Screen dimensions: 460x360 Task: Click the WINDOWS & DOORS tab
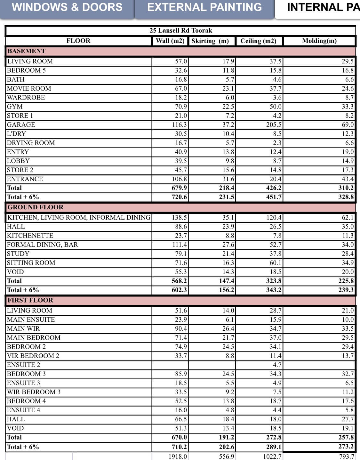[x=67, y=7]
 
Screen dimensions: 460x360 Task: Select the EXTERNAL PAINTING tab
[x=204, y=7]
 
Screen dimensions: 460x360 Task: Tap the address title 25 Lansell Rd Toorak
[x=181, y=30]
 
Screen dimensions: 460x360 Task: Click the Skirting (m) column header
[x=210, y=41]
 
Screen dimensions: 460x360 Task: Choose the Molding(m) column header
[x=319, y=41]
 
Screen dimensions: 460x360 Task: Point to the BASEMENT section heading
[x=27, y=51]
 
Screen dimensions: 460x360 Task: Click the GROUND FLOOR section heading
[x=36, y=207]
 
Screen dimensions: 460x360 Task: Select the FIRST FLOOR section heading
[x=30, y=300]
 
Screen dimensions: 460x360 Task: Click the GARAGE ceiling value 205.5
[x=274, y=125]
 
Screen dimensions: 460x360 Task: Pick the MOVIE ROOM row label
[x=29, y=88]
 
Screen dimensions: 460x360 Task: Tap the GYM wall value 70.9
[x=181, y=107]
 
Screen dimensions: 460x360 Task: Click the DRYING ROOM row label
[x=31, y=143]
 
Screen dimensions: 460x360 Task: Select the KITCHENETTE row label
[x=30, y=236]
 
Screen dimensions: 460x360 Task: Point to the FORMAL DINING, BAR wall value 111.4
[x=180, y=245]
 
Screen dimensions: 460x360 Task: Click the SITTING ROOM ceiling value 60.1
[x=275, y=263]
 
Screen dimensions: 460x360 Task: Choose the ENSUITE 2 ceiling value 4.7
[x=277, y=365]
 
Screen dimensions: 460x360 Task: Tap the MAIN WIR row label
[x=23, y=328]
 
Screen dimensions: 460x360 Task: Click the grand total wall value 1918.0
[x=178, y=456]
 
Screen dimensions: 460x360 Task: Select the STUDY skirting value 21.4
[x=228, y=254]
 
